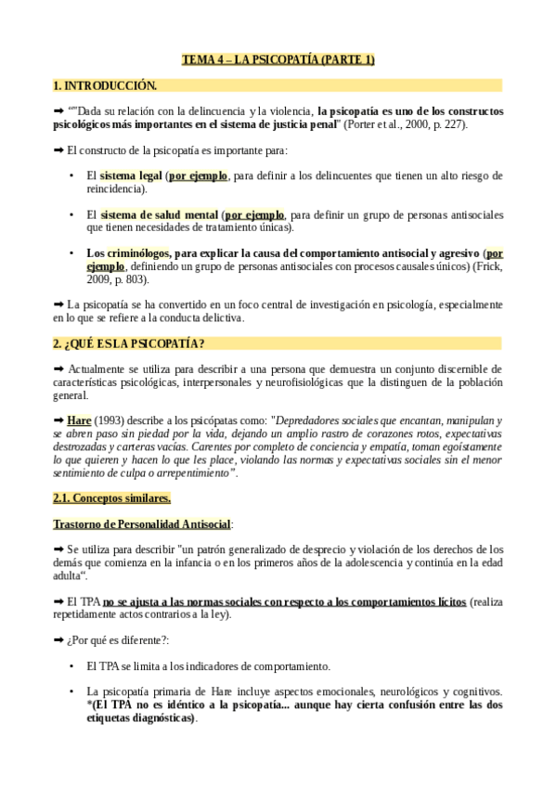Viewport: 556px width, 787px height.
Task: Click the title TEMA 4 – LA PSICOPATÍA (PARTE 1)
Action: (278, 60)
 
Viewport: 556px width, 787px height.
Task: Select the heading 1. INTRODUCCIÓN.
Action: (105, 85)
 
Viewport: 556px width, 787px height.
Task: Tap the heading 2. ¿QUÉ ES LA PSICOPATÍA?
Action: (129, 343)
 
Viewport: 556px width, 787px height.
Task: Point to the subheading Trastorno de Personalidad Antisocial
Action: (141, 524)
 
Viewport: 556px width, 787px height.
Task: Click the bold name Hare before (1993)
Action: (79, 420)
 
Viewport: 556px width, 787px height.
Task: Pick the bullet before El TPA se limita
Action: (72, 666)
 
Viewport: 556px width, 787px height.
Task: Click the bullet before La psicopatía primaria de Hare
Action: (72, 692)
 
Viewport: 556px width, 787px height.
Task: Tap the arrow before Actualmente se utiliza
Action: (60, 368)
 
